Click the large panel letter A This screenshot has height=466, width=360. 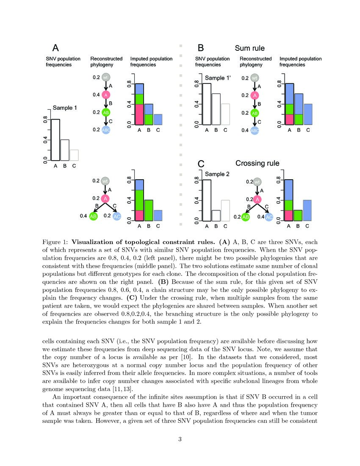(x=55, y=48)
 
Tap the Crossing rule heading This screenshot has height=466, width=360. (x=257, y=163)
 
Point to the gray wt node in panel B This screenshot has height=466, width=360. (x=254, y=78)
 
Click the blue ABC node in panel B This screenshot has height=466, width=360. (x=254, y=130)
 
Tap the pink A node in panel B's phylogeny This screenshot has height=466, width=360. (x=254, y=95)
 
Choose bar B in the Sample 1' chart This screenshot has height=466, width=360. (x=216, y=109)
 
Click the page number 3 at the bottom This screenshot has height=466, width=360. (x=180, y=439)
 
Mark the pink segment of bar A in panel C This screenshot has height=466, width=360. (x=290, y=215)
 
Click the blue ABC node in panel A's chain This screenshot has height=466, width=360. (x=105, y=130)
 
